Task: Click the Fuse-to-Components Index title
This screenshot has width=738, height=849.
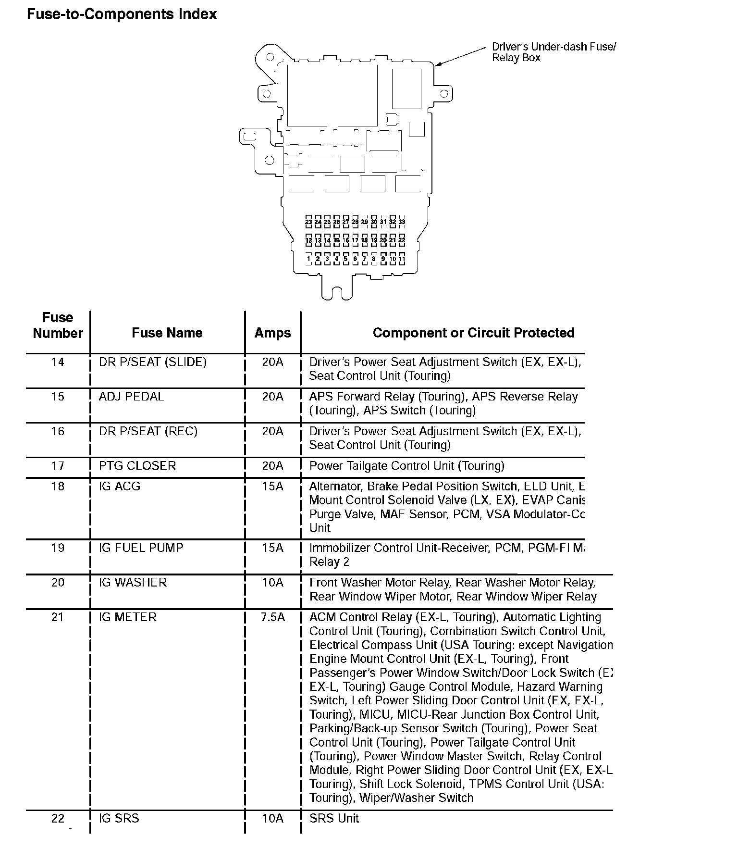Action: pyautogui.click(x=122, y=14)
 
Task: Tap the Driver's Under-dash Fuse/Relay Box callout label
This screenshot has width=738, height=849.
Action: pyautogui.click(x=553, y=52)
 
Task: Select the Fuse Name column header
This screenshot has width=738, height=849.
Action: pyautogui.click(x=167, y=333)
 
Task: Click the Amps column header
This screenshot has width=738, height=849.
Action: pyautogui.click(x=272, y=333)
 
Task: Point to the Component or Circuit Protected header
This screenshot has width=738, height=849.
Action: pyautogui.click(x=473, y=333)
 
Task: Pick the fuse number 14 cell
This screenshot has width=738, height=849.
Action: pyautogui.click(x=58, y=362)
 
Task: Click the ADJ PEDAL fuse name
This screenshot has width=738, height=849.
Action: pyautogui.click(x=131, y=397)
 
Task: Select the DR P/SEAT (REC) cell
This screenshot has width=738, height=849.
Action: pyautogui.click(x=148, y=431)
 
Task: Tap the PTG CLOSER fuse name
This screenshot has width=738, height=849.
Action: pyautogui.click(x=137, y=466)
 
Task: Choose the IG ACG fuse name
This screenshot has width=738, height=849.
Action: pyautogui.click(x=120, y=487)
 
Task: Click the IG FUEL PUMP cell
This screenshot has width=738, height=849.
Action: pyautogui.click(x=141, y=548)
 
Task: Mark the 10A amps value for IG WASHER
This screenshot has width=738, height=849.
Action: pyautogui.click(x=272, y=583)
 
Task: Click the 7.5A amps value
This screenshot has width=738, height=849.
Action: pyautogui.click(x=272, y=617)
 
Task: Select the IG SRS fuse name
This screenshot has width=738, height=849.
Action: pyautogui.click(x=119, y=818)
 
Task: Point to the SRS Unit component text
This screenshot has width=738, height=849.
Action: pyautogui.click(x=334, y=818)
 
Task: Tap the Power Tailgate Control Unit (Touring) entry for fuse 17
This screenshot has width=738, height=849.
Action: pyautogui.click(x=406, y=466)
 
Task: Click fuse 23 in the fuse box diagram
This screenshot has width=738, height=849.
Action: pyautogui.click(x=308, y=222)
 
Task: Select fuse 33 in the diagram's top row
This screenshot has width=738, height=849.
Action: pyautogui.click(x=402, y=222)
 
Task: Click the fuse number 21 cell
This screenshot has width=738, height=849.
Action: pyautogui.click(x=58, y=617)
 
